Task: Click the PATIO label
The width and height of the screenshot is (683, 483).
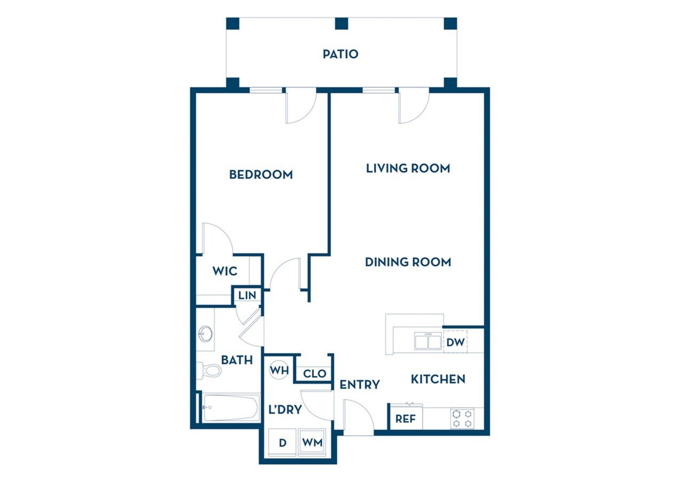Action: pyautogui.click(x=340, y=54)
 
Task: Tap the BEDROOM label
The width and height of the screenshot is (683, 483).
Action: pyautogui.click(x=261, y=175)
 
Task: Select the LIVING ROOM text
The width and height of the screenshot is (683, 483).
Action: pyautogui.click(x=408, y=168)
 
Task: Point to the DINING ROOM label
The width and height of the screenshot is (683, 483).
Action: pyautogui.click(x=408, y=262)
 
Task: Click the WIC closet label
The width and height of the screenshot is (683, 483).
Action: pyautogui.click(x=225, y=271)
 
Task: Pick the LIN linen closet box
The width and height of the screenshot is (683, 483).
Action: pyautogui.click(x=247, y=295)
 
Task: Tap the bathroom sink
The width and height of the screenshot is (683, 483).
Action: pyautogui.click(x=204, y=334)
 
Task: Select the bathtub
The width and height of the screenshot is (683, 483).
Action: pyautogui.click(x=231, y=408)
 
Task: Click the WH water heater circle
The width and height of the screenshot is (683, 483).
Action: pyautogui.click(x=279, y=369)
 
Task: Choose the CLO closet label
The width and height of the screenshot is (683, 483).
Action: pyautogui.click(x=314, y=374)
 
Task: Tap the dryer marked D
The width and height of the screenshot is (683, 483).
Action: pyautogui.click(x=283, y=442)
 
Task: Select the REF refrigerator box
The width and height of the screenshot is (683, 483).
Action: pyautogui.click(x=406, y=419)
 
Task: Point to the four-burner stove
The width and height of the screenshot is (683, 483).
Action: pyautogui.click(x=462, y=418)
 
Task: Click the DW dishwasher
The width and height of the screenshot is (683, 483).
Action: pyautogui.click(x=455, y=342)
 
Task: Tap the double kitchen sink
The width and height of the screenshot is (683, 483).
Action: pyautogui.click(x=428, y=341)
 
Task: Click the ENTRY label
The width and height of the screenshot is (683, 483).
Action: pyautogui.click(x=360, y=384)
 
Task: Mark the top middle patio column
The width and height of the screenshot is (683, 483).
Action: pyautogui.click(x=341, y=23)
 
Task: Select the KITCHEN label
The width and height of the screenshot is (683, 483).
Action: pyautogui.click(x=438, y=379)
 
